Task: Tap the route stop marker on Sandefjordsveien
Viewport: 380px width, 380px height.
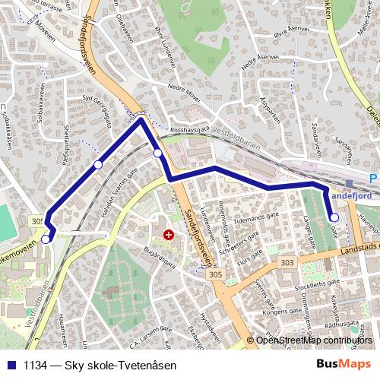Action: click(x=157, y=154)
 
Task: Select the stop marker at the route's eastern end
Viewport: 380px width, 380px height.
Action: click(x=334, y=218)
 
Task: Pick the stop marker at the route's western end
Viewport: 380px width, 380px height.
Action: click(x=46, y=239)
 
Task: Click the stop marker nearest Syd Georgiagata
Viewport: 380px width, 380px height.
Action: click(x=98, y=164)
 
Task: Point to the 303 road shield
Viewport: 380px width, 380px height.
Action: click(x=287, y=262)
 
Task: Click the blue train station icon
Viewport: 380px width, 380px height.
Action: click(x=349, y=182)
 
